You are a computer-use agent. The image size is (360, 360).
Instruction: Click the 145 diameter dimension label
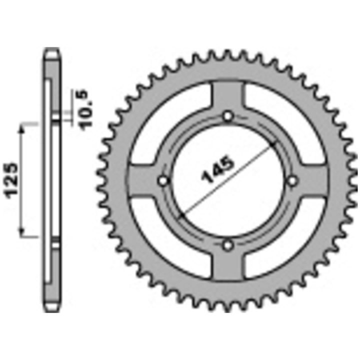(217, 169)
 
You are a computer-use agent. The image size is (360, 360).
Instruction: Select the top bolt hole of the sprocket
(228, 116)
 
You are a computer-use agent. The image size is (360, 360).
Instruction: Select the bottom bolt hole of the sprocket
(228, 245)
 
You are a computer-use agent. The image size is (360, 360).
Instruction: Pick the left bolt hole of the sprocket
(163, 181)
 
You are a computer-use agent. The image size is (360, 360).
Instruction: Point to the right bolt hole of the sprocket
(292, 181)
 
